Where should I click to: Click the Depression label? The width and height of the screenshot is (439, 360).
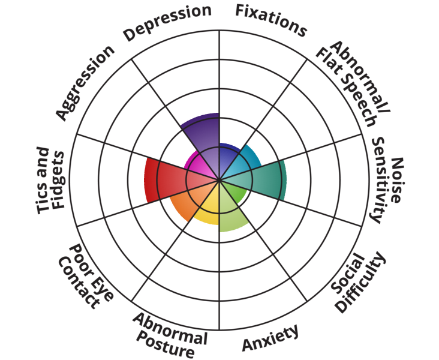coord(167,22)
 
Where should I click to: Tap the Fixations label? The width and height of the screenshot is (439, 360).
coord(270,19)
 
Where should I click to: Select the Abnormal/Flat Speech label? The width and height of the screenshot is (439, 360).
coord(354,83)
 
